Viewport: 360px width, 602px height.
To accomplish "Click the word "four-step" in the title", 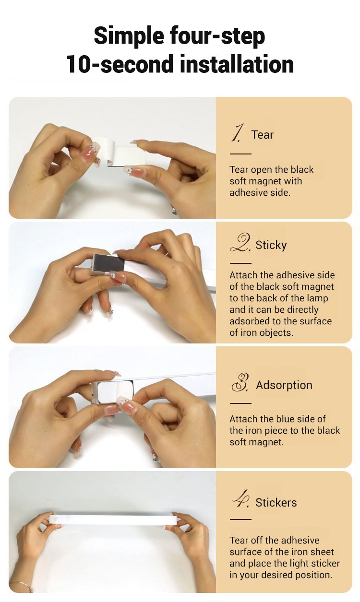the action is pyautogui.click(x=217, y=36).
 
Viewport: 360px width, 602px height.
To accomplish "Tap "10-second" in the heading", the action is pyautogui.click(x=120, y=64).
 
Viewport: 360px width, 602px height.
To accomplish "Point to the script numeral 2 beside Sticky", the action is pyautogui.click(x=240, y=243).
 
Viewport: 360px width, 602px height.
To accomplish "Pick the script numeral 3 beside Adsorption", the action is pyautogui.click(x=240, y=382).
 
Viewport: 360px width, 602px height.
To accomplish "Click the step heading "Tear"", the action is pyautogui.click(x=262, y=135).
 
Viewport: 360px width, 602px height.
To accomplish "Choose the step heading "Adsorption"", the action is pyautogui.click(x=284, y=385).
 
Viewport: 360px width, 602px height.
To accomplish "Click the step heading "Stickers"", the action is pyautogui.click(x=276, y=503).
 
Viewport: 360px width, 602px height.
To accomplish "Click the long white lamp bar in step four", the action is pyautogui.click(x=114, y=520).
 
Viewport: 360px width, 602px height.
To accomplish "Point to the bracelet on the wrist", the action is pyautogui.click(x=22, y=585).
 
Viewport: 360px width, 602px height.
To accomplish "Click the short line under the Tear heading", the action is pyautogui.click(x=240, y=153).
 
